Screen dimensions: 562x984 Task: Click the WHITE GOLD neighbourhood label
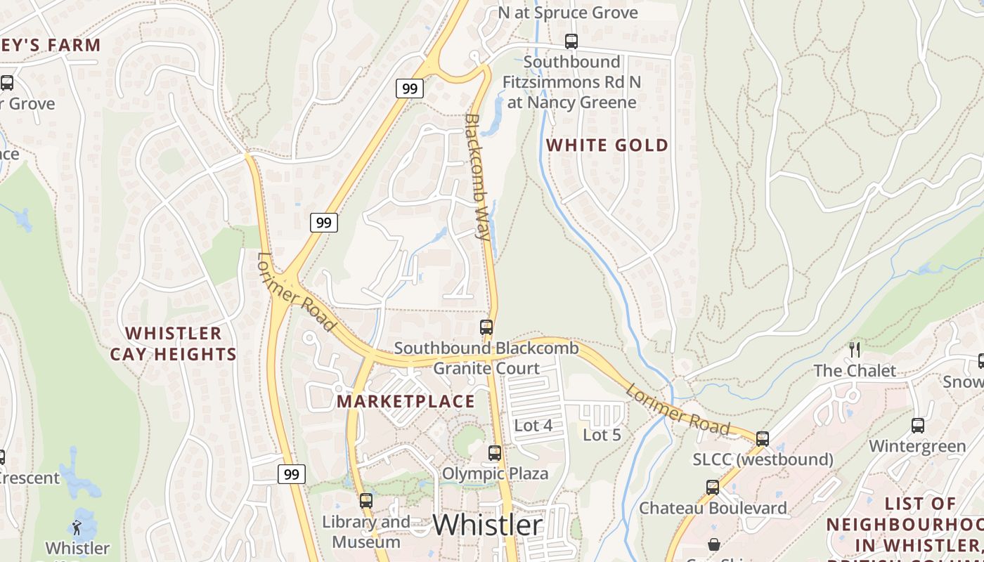[x=607, y=145]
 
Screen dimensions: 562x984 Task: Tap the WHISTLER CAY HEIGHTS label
[x=173, y=344]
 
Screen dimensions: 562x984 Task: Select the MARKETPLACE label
[x=406, y=401]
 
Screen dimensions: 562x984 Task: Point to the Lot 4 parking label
[x=533, y=425]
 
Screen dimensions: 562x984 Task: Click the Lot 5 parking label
[x=602, y=435]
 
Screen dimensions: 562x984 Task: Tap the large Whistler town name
[x=487, y=525]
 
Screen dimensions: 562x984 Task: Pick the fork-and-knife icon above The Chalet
[x=855, y=349]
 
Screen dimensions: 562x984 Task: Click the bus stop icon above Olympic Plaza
[x=495, y=453]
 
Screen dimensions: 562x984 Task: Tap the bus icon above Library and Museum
[x=365, y=501]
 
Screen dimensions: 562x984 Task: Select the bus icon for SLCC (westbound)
[x=763, y=439]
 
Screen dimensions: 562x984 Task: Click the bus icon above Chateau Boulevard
[x=713, y=487]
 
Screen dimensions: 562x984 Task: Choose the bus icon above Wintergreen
[x=917, y=425]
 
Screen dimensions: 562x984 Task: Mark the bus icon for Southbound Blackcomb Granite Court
[x=486, y=327]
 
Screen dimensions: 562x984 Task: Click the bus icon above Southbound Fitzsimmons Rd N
[x=571, y=41]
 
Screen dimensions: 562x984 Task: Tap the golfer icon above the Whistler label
[x=77, y=527]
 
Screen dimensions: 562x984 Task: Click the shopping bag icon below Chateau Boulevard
[x=714, y=544]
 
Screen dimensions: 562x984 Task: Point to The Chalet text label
[x=855, y=370]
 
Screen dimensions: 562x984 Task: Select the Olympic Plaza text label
[x=495, y=473]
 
